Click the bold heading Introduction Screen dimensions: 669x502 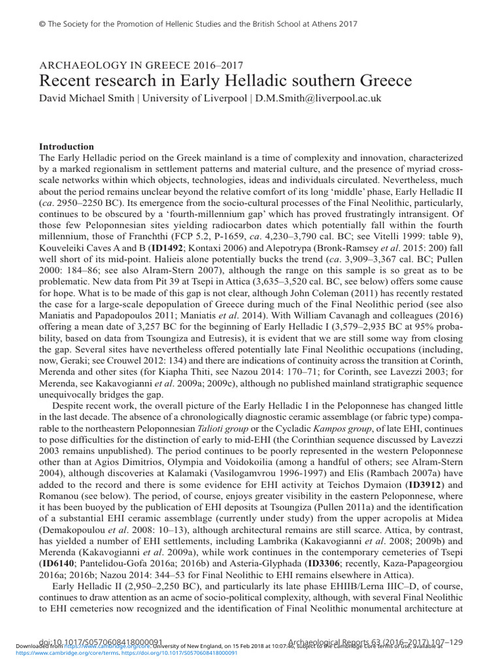tap(67, 146)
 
